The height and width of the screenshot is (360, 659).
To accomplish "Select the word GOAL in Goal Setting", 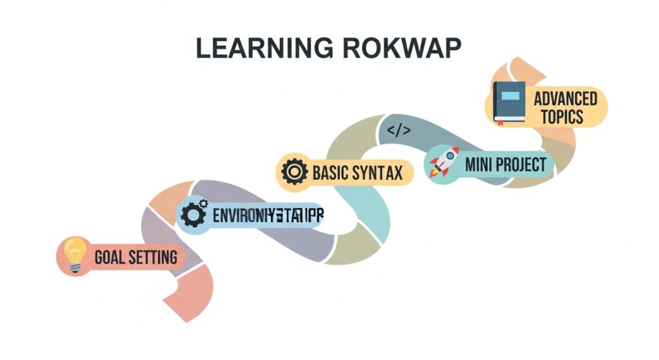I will tap(109, 258).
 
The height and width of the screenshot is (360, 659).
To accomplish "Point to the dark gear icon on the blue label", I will tap(193, 214).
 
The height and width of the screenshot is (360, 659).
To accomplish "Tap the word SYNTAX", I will tap(379, 173).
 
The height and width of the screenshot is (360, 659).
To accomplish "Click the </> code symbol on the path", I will tap(398, 131).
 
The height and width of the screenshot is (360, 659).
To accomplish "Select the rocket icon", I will tap(444, 162).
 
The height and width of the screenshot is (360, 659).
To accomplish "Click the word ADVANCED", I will tap(565, 99).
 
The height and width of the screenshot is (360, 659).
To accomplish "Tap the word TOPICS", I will tap(562, 117).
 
